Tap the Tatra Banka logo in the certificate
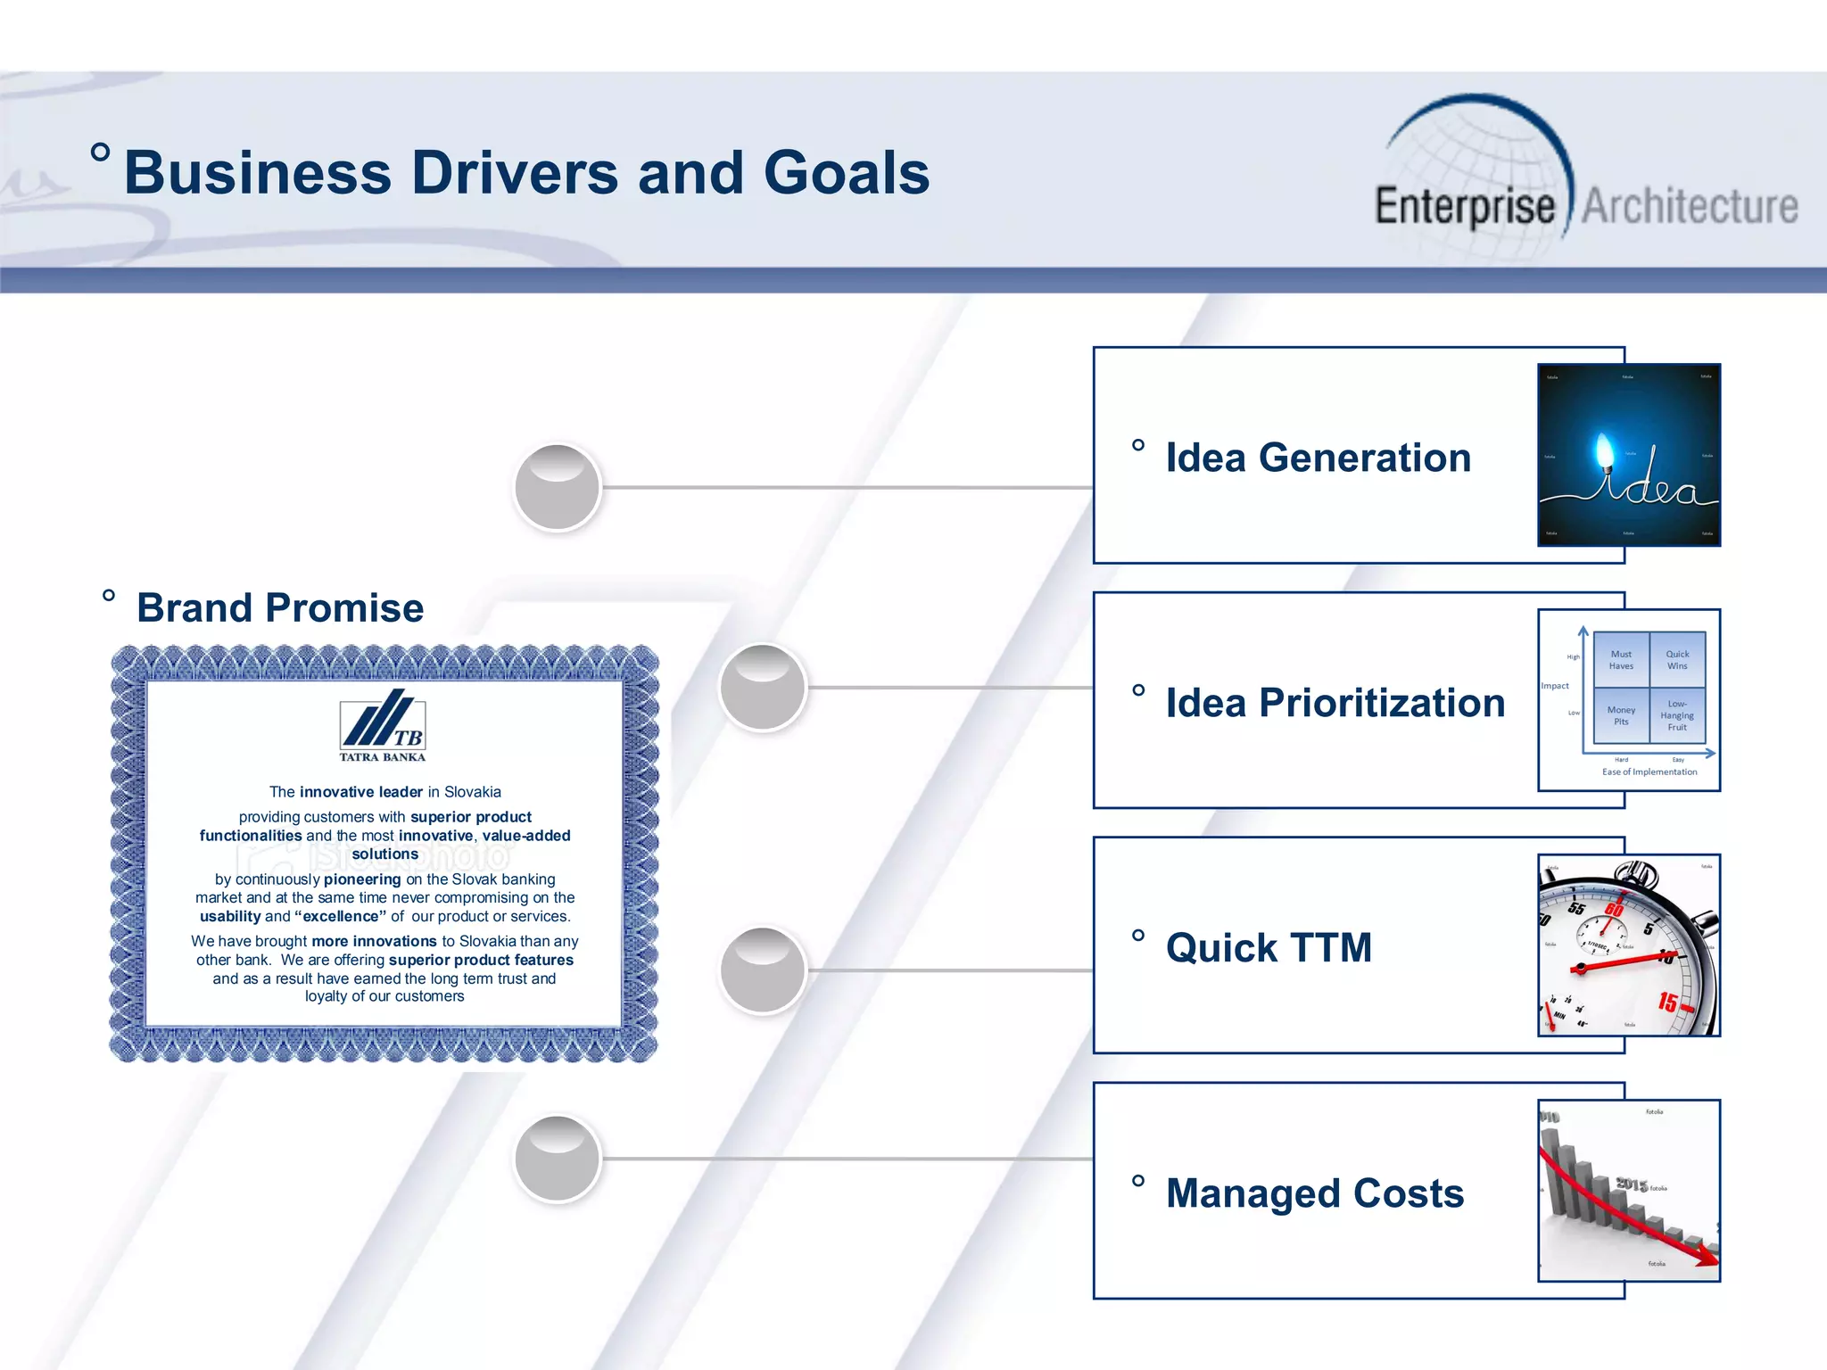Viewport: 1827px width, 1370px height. click(x=383, y=724)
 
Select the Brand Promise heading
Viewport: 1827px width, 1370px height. click(x=279, y=608)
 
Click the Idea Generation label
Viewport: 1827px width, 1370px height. click(x=1318, y=458)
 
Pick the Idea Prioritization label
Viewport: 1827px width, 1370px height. click(x=1335, y=703)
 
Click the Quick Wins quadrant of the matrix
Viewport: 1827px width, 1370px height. click(x=1677, y=659)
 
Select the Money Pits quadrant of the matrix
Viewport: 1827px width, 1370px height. click(x=1621, y=715)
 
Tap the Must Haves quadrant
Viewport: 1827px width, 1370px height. click(x=1621, y=659)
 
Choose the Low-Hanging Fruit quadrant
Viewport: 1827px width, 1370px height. click(x=1677, y=715)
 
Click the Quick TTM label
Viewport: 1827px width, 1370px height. click(x=1269, y=948)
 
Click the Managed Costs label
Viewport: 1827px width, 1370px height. click(x=1315, y=1193)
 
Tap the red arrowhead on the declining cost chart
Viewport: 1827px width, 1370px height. click(x=1706, y=1259)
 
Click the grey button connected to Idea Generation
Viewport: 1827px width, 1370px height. click(x=558, y=488)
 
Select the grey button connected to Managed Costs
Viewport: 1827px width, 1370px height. click(x=558, y=1159)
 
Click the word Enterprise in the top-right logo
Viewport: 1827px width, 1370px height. click(x=1464, y=207)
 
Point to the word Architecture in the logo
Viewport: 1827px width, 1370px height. click(x=1690, y=207)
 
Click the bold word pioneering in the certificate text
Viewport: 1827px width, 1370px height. click(x=362, y=879)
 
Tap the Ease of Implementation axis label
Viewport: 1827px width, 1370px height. click(x=1649, y=772)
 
